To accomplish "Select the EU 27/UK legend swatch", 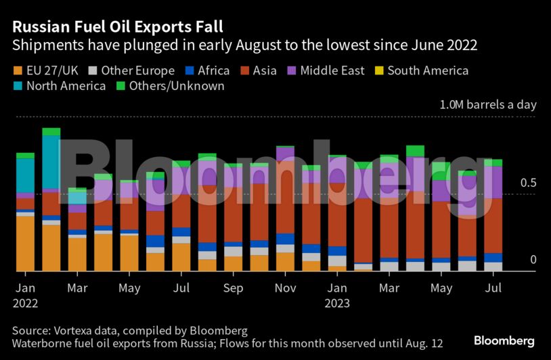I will (x=17, y=70).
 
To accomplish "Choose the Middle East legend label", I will (x=332, y=70).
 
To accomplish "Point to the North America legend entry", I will (x=66, y=86).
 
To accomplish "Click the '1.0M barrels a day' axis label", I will (x=487, y=105).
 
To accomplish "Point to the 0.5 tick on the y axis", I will (x=528, y=183).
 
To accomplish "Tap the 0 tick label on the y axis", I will (x=533, y=260).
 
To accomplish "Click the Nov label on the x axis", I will (x=285, y=288).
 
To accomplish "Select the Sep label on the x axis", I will (x=233, y=288).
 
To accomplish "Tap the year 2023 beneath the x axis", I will (x=336, y=303).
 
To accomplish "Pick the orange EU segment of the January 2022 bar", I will (x=25, y=244).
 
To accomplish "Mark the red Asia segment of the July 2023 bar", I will (x=493, y=225).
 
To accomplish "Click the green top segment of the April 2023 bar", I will (x=416, y=151).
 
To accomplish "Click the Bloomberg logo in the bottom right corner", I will (x=504, y=340).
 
